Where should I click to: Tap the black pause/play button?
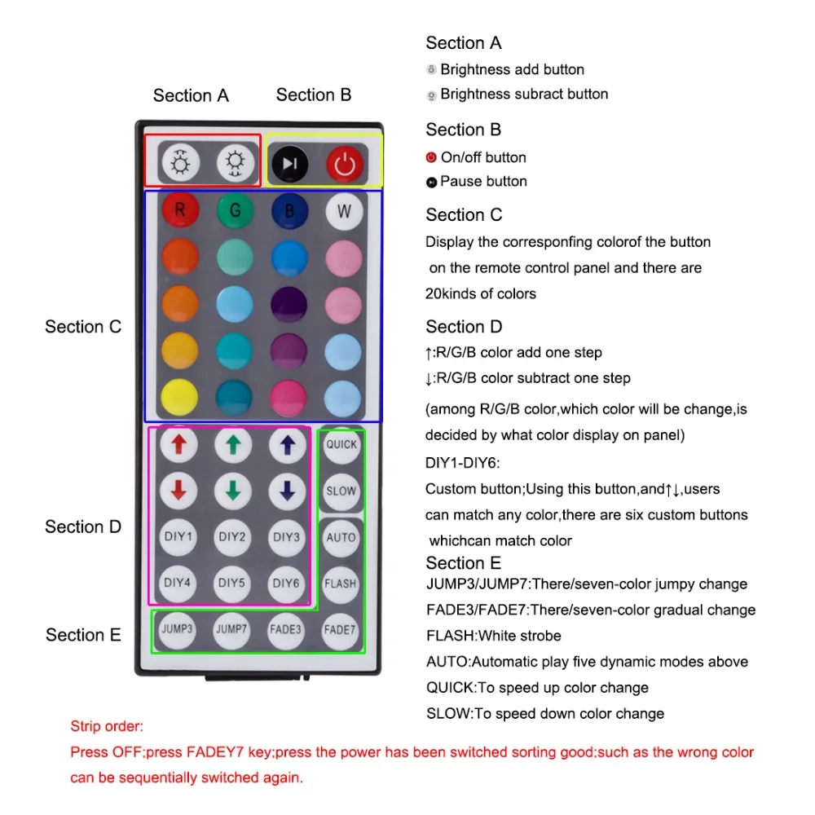point(289,163)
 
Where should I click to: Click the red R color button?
point(179,210)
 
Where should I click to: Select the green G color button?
point(235,210)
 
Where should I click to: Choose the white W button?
point(343,211)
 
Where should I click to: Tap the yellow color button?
point(179,397)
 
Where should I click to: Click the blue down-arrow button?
point(287,491)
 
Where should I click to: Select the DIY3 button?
point(287,537)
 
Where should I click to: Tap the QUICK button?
point(341,445)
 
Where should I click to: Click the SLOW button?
point(341,491)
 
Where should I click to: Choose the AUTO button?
point(341,537)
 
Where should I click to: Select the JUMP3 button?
point(177,629)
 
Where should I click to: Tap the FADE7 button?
point(340,629)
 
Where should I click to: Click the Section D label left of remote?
point(83,526)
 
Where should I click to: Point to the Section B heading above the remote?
point(314,95)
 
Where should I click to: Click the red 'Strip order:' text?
point(107,726)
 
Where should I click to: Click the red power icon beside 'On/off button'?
point(431,157)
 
